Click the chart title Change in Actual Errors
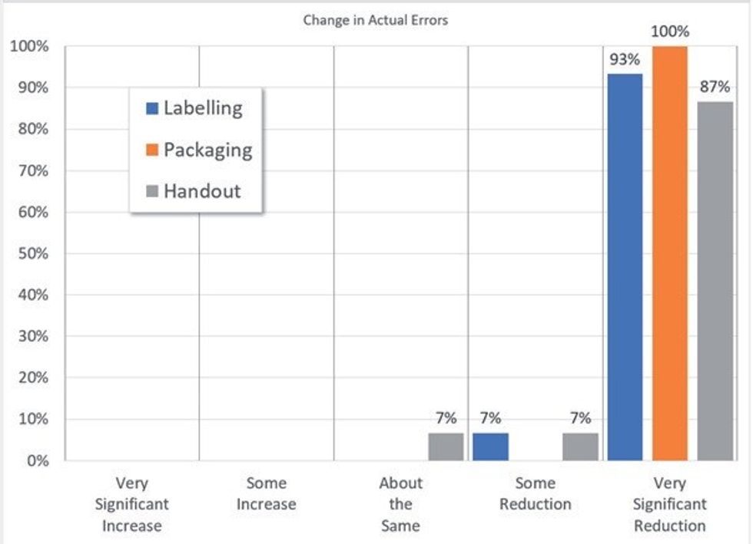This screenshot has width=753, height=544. [375, 21]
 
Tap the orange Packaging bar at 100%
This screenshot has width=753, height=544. [669, 253]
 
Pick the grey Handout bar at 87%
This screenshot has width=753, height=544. [715, 281]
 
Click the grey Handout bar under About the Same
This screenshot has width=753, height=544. [446, 447]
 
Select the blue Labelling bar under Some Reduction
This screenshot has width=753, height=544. [490, 447]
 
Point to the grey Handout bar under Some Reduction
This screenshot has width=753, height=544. [580, 447]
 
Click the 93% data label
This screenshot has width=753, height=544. [625, 60]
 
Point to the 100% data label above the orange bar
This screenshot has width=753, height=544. [669, 32]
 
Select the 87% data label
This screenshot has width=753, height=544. [715, 87]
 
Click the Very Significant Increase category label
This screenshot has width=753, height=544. [131, 504]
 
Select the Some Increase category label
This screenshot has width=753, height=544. [266, 493]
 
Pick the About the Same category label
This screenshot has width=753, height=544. [400, 504]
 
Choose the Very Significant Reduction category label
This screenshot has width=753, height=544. [669, 504]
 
